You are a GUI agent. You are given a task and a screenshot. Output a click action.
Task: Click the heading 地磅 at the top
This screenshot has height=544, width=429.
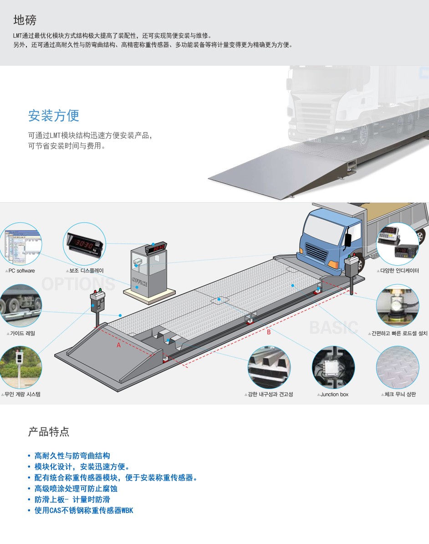[25, 20]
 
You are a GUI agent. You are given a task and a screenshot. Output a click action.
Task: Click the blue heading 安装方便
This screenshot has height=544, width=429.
[54, 116]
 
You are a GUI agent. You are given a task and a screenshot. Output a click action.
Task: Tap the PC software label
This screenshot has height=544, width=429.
[20, 271]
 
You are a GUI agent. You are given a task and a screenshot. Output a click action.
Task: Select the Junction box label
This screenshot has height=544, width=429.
[333, 395]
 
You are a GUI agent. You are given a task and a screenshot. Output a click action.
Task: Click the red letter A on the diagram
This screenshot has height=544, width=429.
[118, 345]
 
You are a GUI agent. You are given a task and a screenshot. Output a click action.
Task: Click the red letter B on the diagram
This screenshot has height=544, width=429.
[269, 332]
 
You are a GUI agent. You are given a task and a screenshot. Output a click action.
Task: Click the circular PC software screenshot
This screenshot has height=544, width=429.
[20, 245]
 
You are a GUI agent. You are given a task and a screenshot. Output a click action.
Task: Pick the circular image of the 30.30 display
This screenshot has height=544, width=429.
[85, 243]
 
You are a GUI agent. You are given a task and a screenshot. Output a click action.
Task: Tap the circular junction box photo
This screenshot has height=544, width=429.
[333, 367]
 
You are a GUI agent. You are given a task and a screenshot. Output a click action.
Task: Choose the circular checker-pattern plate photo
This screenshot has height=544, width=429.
[397, 367]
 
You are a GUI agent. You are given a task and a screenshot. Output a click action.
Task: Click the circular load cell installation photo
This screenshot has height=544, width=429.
[397, 306]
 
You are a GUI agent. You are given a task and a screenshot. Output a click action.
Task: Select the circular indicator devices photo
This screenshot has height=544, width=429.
[397, 244]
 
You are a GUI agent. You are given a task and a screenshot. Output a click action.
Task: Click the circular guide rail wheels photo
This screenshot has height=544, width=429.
[20, 306]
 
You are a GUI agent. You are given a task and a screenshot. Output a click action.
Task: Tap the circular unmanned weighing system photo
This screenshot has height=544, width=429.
[20, 367]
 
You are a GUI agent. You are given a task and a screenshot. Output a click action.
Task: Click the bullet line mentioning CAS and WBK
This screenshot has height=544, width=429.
[84, 510]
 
